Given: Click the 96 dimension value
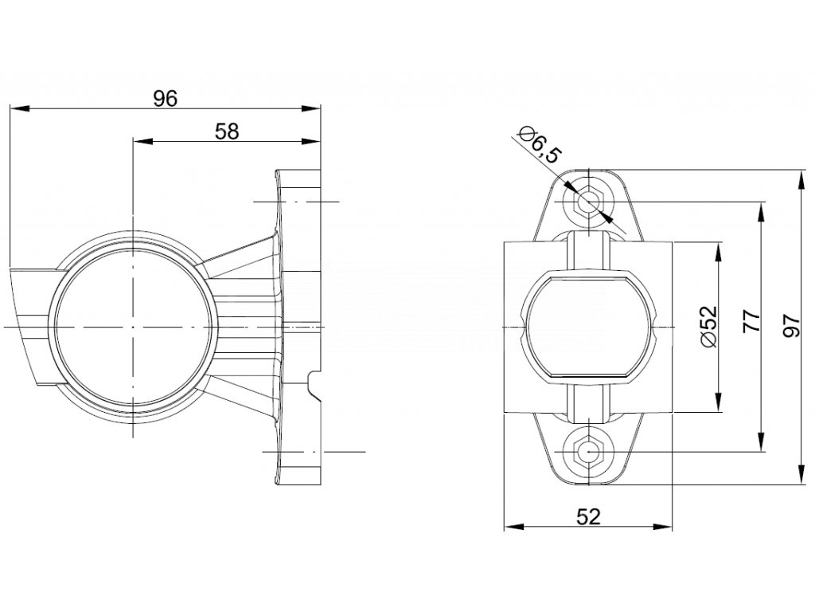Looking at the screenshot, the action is click(165, 98).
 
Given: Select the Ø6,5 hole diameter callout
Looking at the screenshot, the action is click(538, 144).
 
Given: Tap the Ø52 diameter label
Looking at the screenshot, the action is click(710, 327).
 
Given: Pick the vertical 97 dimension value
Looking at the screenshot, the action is click(791, 325).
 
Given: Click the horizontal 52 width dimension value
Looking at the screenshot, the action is click(587, 516).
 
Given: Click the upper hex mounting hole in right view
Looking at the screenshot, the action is click(588, 201).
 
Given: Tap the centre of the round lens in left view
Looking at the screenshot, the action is click(134, 328).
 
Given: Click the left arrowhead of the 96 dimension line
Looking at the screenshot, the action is click(15, 108).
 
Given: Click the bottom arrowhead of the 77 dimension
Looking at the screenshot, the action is click(762, 445).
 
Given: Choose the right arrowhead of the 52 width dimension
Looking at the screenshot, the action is click(665, 526).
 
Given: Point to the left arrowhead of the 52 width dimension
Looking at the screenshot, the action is click(511, 526).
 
